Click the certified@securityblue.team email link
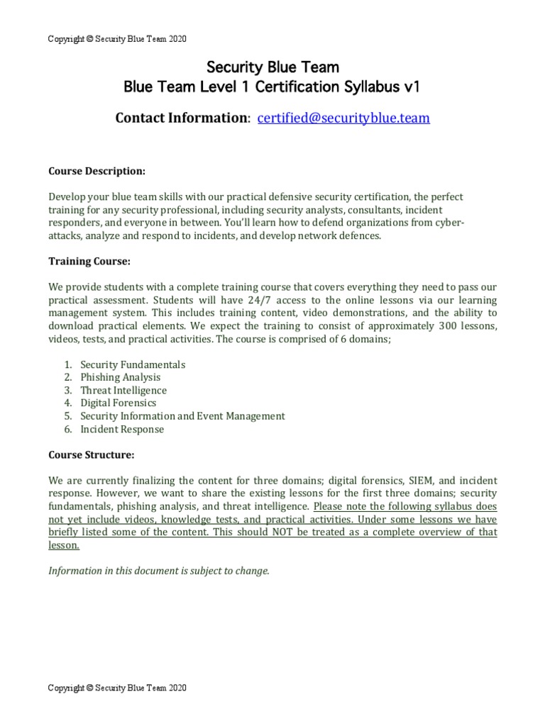coord(343,118)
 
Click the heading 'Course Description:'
coord(97,171)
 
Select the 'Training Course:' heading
coord(89,261)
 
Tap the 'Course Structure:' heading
coord(91,454)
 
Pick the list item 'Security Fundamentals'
coord(133,364)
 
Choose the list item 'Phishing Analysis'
coord(121,377)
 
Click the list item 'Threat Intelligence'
coord(123,390)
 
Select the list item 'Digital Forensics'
coord(119,403)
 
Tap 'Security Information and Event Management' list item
coord(182,416)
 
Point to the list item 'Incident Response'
coord(122,429)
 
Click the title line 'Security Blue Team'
coord(272,67)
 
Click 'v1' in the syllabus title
coord(412,87)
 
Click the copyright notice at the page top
coord(117,39)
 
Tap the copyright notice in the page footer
coord(117,688)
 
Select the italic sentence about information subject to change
coord(159,571)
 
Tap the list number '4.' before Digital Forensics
coord(68,403)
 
